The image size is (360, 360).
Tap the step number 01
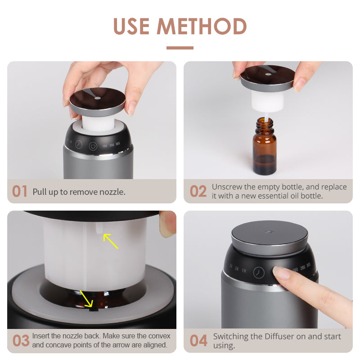tap(20, 191)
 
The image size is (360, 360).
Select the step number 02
tap(198, 191)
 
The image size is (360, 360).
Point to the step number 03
tap(21, 341)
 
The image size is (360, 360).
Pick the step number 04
tap(198, 341)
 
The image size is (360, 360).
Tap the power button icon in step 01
tap(93, 146)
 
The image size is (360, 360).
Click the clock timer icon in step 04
tap(259, 273)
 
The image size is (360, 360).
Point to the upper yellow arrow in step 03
tap(111, 241)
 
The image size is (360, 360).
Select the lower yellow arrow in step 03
tap(86, 298)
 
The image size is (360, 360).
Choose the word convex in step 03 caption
tap(159, 336)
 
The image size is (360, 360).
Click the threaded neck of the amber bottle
tap(265, 126)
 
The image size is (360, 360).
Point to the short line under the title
tap(180, 48)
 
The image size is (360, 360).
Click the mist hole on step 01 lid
tap(97, 98)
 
